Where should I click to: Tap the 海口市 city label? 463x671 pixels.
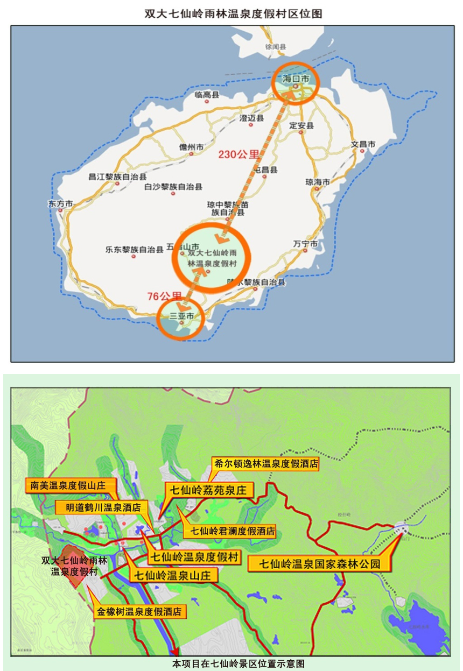[297, 79]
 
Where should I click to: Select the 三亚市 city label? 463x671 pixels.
[181, 316]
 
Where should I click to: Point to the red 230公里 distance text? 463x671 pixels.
[238, 155]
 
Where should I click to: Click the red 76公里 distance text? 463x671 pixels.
[164, 295]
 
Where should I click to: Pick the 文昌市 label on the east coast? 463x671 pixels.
[362, 144]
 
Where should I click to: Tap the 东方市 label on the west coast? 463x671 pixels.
[60, 204]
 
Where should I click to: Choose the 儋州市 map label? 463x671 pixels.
[192, 147]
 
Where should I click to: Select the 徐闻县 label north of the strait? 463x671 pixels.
[275, 47]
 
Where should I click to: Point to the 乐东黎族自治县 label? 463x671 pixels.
[134, 249]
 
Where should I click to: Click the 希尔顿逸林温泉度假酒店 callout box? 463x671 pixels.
[265, 463]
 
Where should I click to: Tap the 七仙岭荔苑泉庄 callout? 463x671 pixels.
[208, 490]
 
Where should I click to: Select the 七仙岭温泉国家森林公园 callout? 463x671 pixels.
[320, 564]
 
